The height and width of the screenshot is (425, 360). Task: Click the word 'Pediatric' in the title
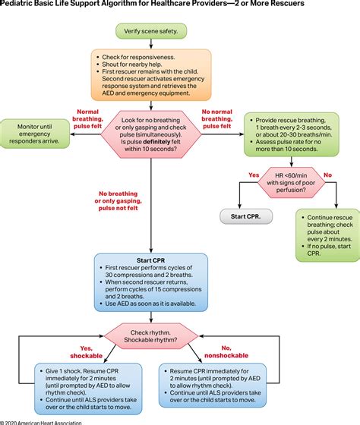[22, 5]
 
